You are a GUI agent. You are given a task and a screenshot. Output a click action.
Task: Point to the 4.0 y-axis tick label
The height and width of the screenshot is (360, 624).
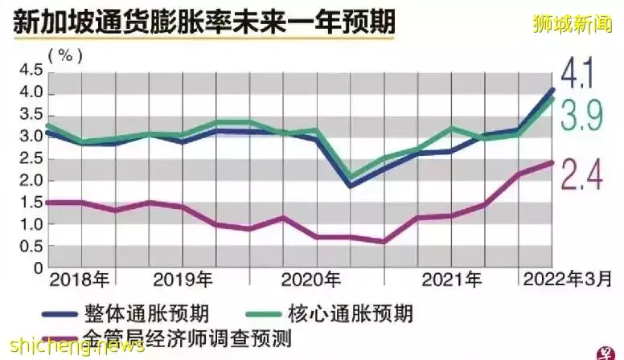[x=30, y=93]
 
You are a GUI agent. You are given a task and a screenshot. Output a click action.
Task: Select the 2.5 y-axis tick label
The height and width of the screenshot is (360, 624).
[x=30, y=158]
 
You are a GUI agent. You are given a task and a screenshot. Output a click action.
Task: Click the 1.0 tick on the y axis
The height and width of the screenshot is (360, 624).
[x=30, y=223]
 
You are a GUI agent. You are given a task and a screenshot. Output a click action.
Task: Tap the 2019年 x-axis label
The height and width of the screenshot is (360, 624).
[x=183, y=280]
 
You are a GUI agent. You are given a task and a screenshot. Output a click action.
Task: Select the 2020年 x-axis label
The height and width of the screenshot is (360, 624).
[x=312, y=280]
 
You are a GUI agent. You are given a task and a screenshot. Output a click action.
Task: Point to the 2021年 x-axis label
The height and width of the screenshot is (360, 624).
[x=452, y=280]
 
